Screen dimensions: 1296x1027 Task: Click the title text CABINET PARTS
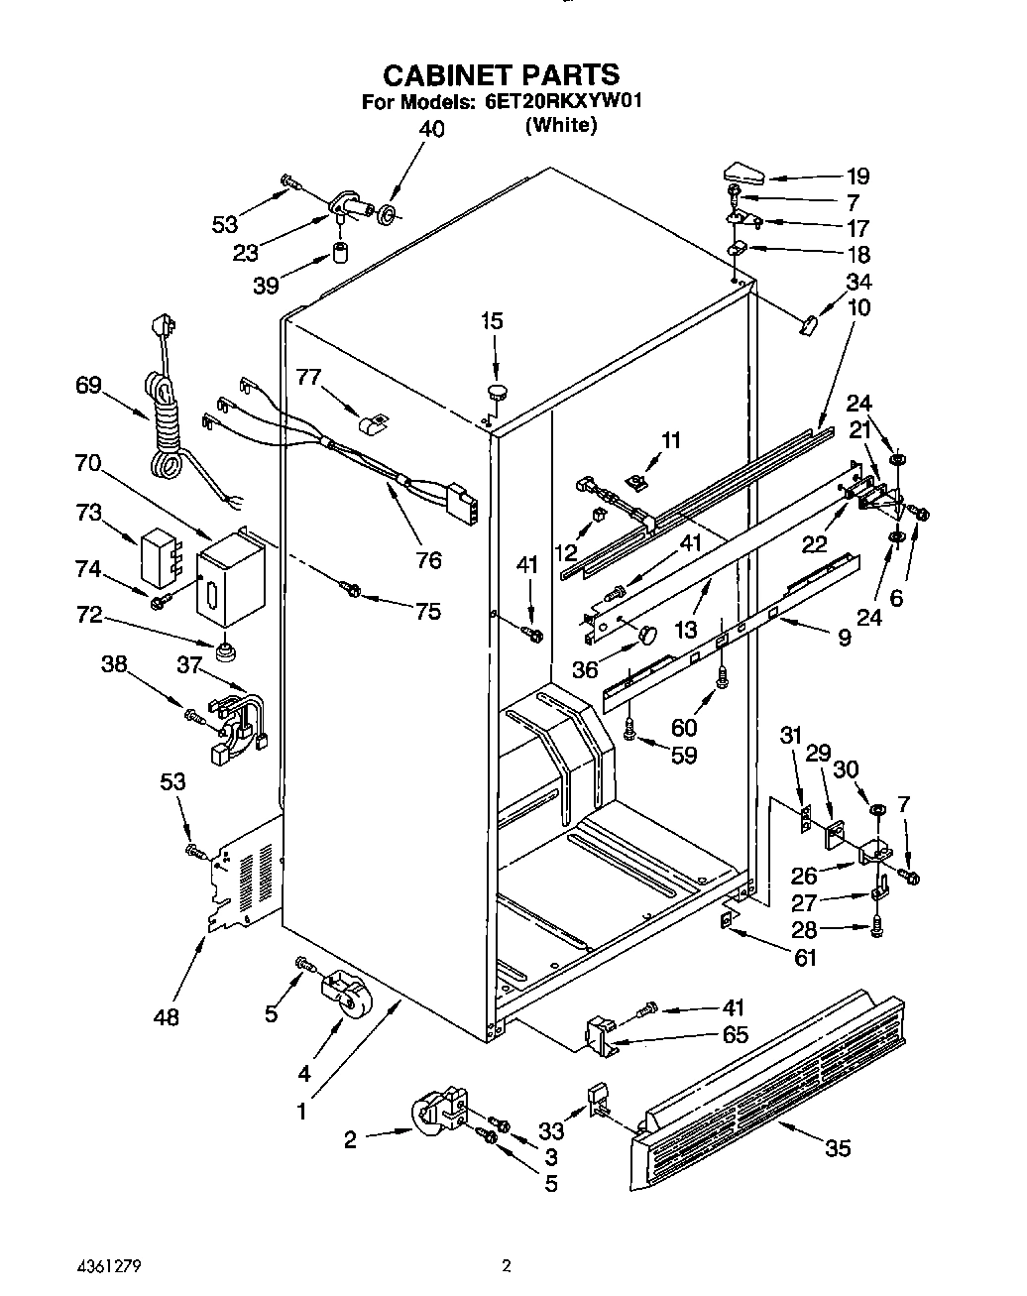pos(501,74)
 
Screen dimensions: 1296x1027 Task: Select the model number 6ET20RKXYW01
pos(565,102)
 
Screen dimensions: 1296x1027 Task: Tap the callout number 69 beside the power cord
pos(88,385)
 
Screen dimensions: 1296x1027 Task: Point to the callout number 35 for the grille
pos(838,1149)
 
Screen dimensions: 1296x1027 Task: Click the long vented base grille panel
pos(768,1091)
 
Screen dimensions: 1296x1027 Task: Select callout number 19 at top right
pos(857,177)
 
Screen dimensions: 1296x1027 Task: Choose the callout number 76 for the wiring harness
pos(428,560)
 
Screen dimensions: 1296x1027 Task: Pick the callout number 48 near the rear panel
pos(167,1017)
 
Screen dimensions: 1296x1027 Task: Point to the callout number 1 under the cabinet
pos(302,1112)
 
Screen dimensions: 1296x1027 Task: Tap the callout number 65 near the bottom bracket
pos(735,1035)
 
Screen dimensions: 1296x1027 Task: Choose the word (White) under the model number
pos(561,125)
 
